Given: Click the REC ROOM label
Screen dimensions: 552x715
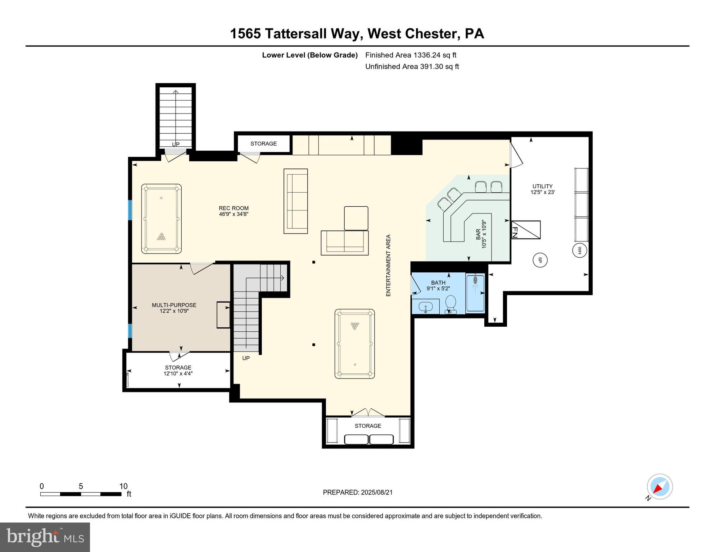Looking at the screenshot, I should pyautogui.click(x=234, y=211).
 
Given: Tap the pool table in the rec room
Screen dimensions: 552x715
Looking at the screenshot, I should pyautogui.click(x=161, y=218).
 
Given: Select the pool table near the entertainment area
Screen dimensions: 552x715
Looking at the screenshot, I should pyautogui.click(x=354, y=344).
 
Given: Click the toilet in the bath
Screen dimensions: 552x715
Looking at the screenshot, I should pyautogui.click(x=450, y=305).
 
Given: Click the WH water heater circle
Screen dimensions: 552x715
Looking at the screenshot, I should pyautogui.click(x=579, y=250).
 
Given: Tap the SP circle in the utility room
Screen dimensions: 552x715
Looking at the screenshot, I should pyautogui.click(x=540, y=260).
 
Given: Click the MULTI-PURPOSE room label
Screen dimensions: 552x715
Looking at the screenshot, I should pyautogui.click(x=174, y=308).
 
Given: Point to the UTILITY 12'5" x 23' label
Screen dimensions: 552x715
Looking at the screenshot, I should pyautogui.click(x=542, y=189).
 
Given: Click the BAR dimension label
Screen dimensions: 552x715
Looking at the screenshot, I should pyautogui.click(x=481, y=234).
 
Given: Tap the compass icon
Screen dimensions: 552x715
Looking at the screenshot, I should pyautogui.click(x=660, y=487).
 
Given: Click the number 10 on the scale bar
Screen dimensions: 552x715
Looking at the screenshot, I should pyautogui.click(x=123, y=486).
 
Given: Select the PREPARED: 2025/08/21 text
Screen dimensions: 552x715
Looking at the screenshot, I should pyautogui.click(x=357, y=492).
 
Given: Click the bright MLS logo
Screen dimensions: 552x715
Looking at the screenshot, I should pyautogui.click(x=45, y=537).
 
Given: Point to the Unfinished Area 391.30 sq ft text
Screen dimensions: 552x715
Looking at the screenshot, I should pyautogui.click(x=412, y=66).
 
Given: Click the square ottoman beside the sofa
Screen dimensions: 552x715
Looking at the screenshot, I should pyautogui.click(x=356, y=218).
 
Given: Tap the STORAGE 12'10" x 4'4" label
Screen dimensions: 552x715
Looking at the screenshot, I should pyautogui.click(x=178, y=370).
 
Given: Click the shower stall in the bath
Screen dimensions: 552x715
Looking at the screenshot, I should pyautogui.click(x=475, y=293).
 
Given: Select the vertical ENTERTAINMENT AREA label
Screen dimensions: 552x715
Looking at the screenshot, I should pyautogui.click(x=388, y=265).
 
